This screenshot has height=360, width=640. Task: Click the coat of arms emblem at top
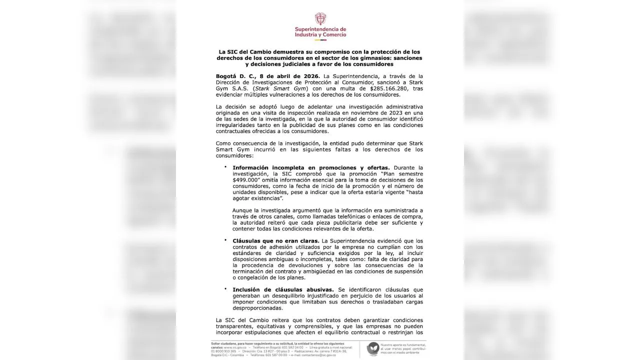[x=320, y=18]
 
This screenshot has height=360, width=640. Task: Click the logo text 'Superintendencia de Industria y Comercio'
[x=320, y=32]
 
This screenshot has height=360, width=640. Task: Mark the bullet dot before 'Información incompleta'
[x=225, y=166]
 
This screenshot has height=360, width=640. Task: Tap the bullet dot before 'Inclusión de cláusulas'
[x=225, y=289]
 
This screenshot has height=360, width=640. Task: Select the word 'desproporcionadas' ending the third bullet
[x=259, y=308]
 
